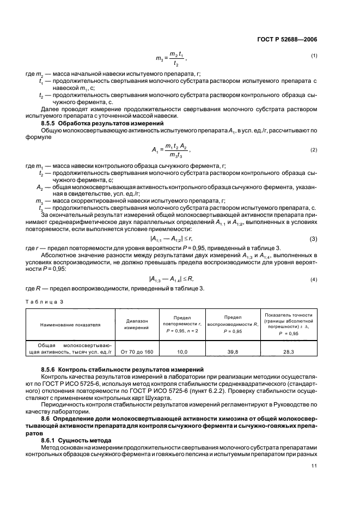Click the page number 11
point(314,465)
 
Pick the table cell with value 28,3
point(288,352)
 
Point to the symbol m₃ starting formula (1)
point(159,59)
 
